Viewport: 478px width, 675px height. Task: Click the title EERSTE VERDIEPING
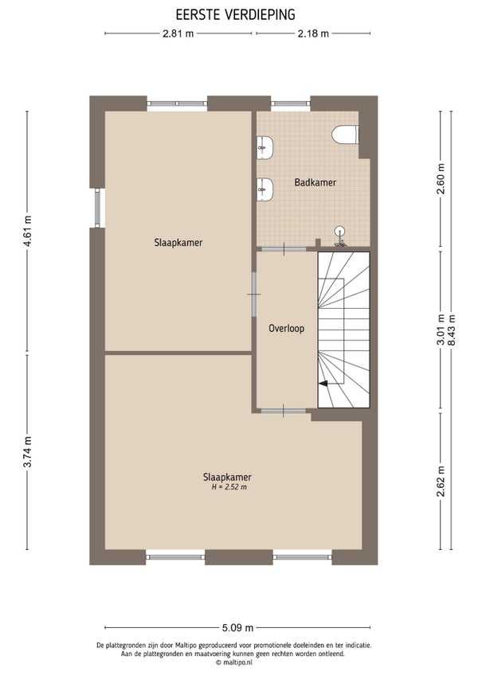click(235, 14)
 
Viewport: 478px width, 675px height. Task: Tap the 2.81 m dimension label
click(178, 33)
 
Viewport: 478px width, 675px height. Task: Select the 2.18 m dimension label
click(313, 33)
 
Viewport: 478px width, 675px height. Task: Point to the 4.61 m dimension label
click(28, 230)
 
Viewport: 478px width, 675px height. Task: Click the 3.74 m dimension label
click(28, 451)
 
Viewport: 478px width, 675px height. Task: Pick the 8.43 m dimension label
click(451, 330)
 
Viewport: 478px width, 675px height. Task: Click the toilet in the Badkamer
click(345, 135)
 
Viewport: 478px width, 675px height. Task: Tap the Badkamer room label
click(315, 182)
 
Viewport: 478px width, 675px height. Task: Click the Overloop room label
click(286, 329)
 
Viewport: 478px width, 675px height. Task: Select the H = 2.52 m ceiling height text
click(229, 487)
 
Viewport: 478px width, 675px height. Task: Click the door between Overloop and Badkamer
click(283, 249)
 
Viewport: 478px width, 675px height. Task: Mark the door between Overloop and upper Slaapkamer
click(254, 295)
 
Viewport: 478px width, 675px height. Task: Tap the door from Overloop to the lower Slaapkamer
click(283, 411)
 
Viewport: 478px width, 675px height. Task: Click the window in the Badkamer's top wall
click(291, 103)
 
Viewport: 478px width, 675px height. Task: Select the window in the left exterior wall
click(97, 208)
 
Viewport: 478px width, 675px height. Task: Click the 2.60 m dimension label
click(441, 180)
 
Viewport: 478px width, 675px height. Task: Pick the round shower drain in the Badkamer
click(340, 231)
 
